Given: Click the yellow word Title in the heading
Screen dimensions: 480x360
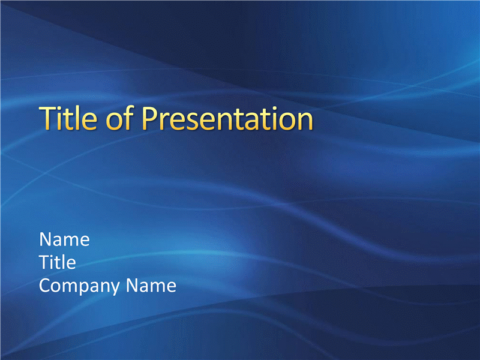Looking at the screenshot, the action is [68, 118].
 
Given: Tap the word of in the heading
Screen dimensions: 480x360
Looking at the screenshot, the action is [119, 118].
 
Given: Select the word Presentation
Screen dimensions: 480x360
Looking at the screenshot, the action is [227, 118].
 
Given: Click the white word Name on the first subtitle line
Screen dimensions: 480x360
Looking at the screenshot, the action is [64, 239].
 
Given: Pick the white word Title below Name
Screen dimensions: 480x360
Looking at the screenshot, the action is [58, 262].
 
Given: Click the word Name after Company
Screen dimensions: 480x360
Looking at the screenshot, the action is [151, 286].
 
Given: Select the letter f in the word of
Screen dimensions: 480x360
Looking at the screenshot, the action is [129, 118].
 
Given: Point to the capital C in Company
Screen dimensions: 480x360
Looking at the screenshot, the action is [46, 286].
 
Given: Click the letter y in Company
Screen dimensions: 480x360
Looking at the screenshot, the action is [115, 289].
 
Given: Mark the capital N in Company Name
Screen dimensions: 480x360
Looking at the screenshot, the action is [133, 286].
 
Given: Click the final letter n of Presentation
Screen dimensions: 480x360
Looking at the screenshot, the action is [305, 122].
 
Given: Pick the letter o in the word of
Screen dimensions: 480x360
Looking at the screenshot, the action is [113, 122].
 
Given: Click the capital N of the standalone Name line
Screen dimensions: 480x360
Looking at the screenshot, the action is [46, 239].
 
